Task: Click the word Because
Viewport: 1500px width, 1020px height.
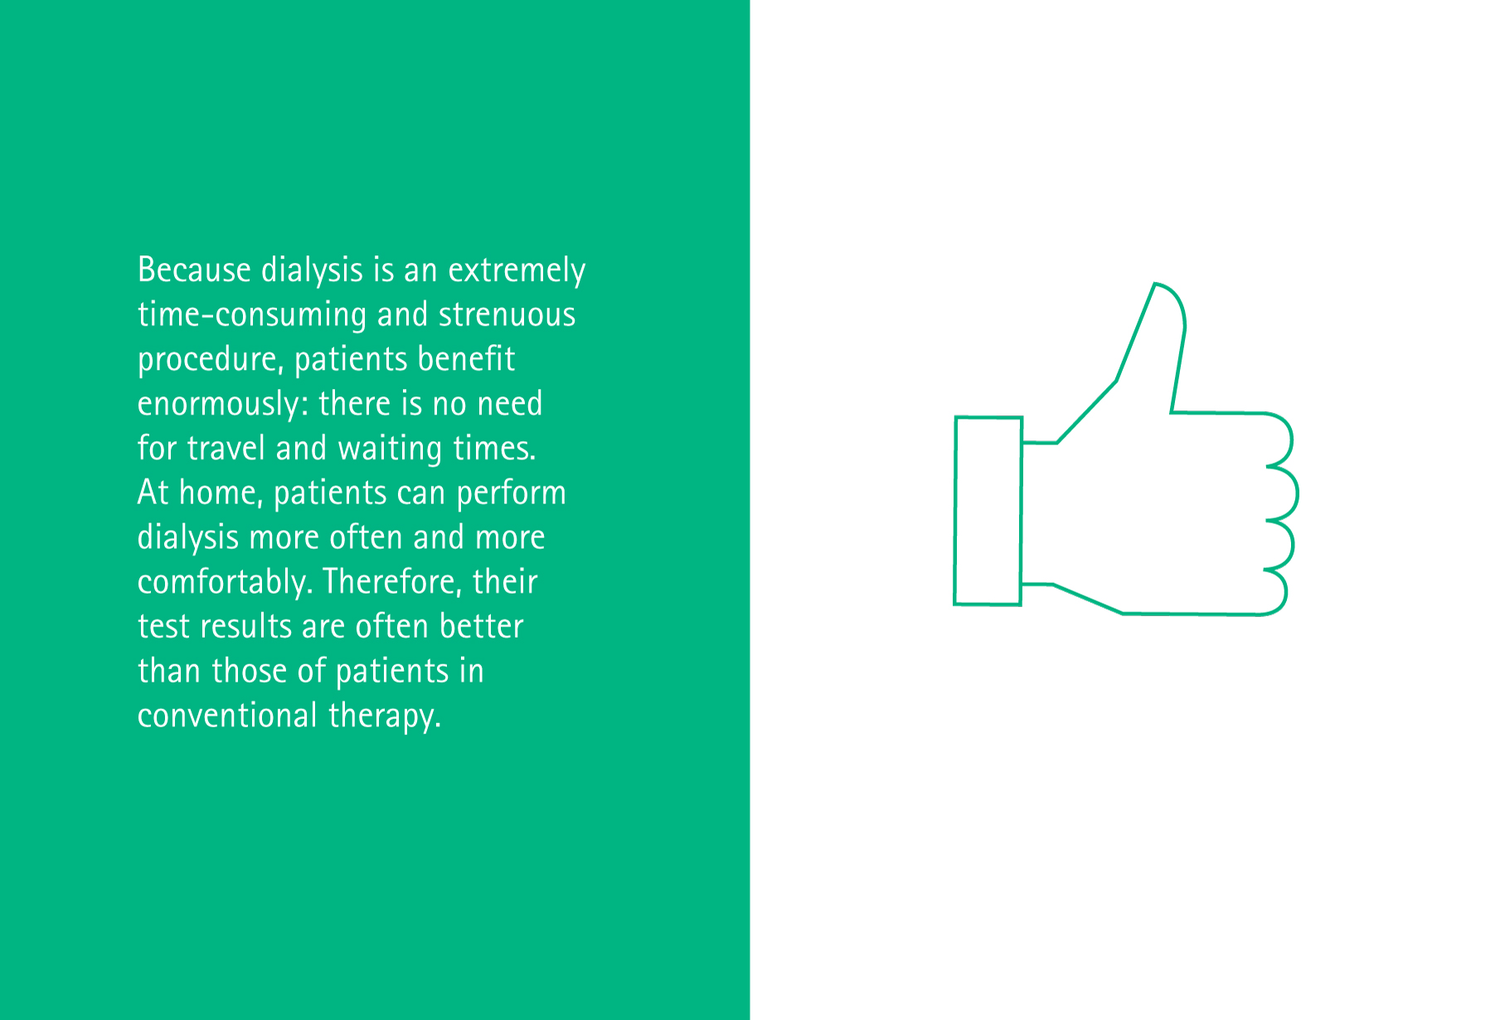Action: point(194,270)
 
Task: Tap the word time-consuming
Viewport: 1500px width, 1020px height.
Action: point(252,316)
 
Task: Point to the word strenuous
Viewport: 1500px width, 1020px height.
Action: point(507,315)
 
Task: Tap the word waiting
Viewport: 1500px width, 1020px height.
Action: point(390,449)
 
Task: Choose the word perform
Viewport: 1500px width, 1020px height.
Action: point(511,494)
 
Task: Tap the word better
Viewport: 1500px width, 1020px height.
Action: point(481,627)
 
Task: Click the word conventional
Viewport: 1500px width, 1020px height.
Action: point(227,716)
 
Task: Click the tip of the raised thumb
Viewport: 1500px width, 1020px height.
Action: point(1155,284)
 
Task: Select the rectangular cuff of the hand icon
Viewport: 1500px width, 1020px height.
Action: point(955,511)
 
